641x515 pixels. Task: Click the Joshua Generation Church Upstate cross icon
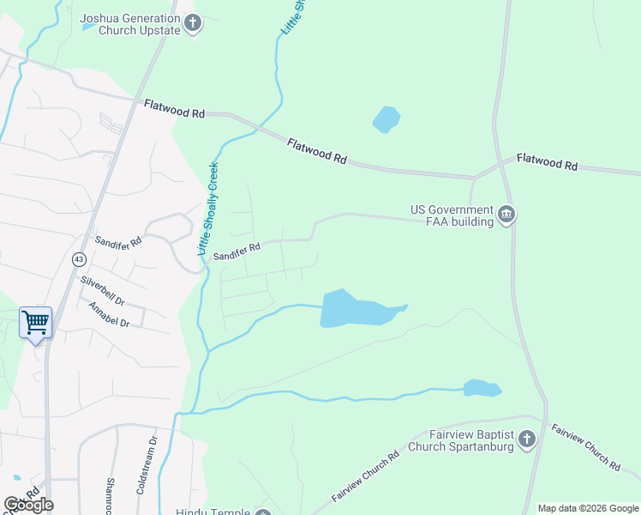194,23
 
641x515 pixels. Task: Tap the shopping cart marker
35,323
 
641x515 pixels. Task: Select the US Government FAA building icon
506,215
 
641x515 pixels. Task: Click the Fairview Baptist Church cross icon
526,440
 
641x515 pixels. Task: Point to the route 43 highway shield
79,258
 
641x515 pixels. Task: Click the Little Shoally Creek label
209,209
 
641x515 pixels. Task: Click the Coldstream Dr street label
147,464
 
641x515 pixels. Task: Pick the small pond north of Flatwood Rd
386,119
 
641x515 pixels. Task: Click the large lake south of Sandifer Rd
351,309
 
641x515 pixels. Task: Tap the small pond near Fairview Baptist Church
482,389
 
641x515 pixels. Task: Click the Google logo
29,504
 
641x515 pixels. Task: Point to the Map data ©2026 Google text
589,508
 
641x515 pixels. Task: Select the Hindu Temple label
213,512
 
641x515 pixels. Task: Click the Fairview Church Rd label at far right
586,446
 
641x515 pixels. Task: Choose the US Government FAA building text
452,215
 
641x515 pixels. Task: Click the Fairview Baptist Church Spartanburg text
460,440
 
